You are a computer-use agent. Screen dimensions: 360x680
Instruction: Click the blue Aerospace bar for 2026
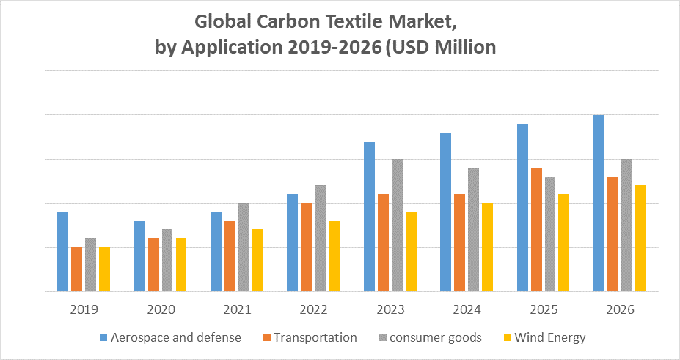point(599,203)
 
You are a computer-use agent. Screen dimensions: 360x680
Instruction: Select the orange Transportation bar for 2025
point(536,229)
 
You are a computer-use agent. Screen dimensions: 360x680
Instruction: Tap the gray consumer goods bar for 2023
point(397,225)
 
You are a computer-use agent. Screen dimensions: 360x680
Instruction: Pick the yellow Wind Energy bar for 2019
point(105,269)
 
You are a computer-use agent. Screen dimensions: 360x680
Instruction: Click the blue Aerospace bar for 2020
point(139,256)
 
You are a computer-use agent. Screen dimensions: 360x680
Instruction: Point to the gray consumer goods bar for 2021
point(244,247)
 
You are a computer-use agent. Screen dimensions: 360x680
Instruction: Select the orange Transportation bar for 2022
point(307,247)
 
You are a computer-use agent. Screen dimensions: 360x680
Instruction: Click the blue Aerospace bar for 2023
point(369,216)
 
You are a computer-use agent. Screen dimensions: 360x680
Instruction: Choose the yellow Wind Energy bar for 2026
point(640,238)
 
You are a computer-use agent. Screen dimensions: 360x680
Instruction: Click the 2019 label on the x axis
point(84,309)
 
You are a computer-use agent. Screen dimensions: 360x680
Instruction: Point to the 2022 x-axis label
point(313,309)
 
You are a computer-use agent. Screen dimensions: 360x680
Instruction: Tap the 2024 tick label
point(467,309)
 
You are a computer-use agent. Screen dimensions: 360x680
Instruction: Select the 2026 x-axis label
point(620,309)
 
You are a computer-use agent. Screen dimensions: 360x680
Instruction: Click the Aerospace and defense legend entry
point(175,337)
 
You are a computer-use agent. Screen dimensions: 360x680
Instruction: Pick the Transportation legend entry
point(315,337)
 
